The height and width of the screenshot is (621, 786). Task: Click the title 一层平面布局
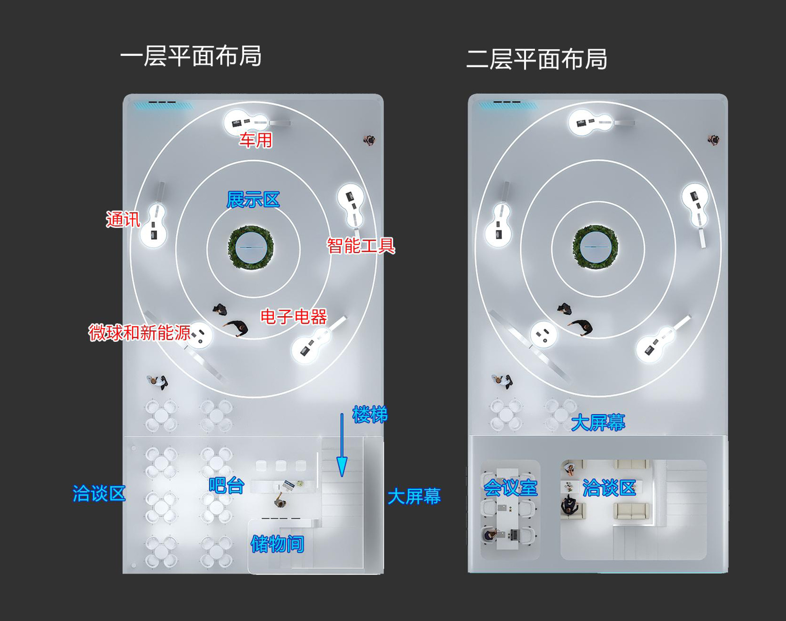191,56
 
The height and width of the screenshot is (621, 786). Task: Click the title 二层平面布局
537,60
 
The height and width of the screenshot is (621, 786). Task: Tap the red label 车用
256,140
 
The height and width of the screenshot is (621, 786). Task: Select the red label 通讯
123,219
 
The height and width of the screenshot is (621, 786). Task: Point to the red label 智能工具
361,246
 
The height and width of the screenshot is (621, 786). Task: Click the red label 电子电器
294,317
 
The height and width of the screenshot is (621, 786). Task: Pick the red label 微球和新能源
140,333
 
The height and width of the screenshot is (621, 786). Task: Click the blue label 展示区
253,200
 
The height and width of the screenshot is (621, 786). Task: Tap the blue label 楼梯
370,414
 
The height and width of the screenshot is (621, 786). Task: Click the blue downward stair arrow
342,445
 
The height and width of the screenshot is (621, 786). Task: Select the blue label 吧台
226,485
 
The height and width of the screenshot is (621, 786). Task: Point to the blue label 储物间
277,544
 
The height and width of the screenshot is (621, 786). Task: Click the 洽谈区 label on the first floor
99,493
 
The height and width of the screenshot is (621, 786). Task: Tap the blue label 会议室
510,488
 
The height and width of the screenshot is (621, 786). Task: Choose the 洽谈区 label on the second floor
609,488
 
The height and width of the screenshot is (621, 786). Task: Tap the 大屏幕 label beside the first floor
414,496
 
